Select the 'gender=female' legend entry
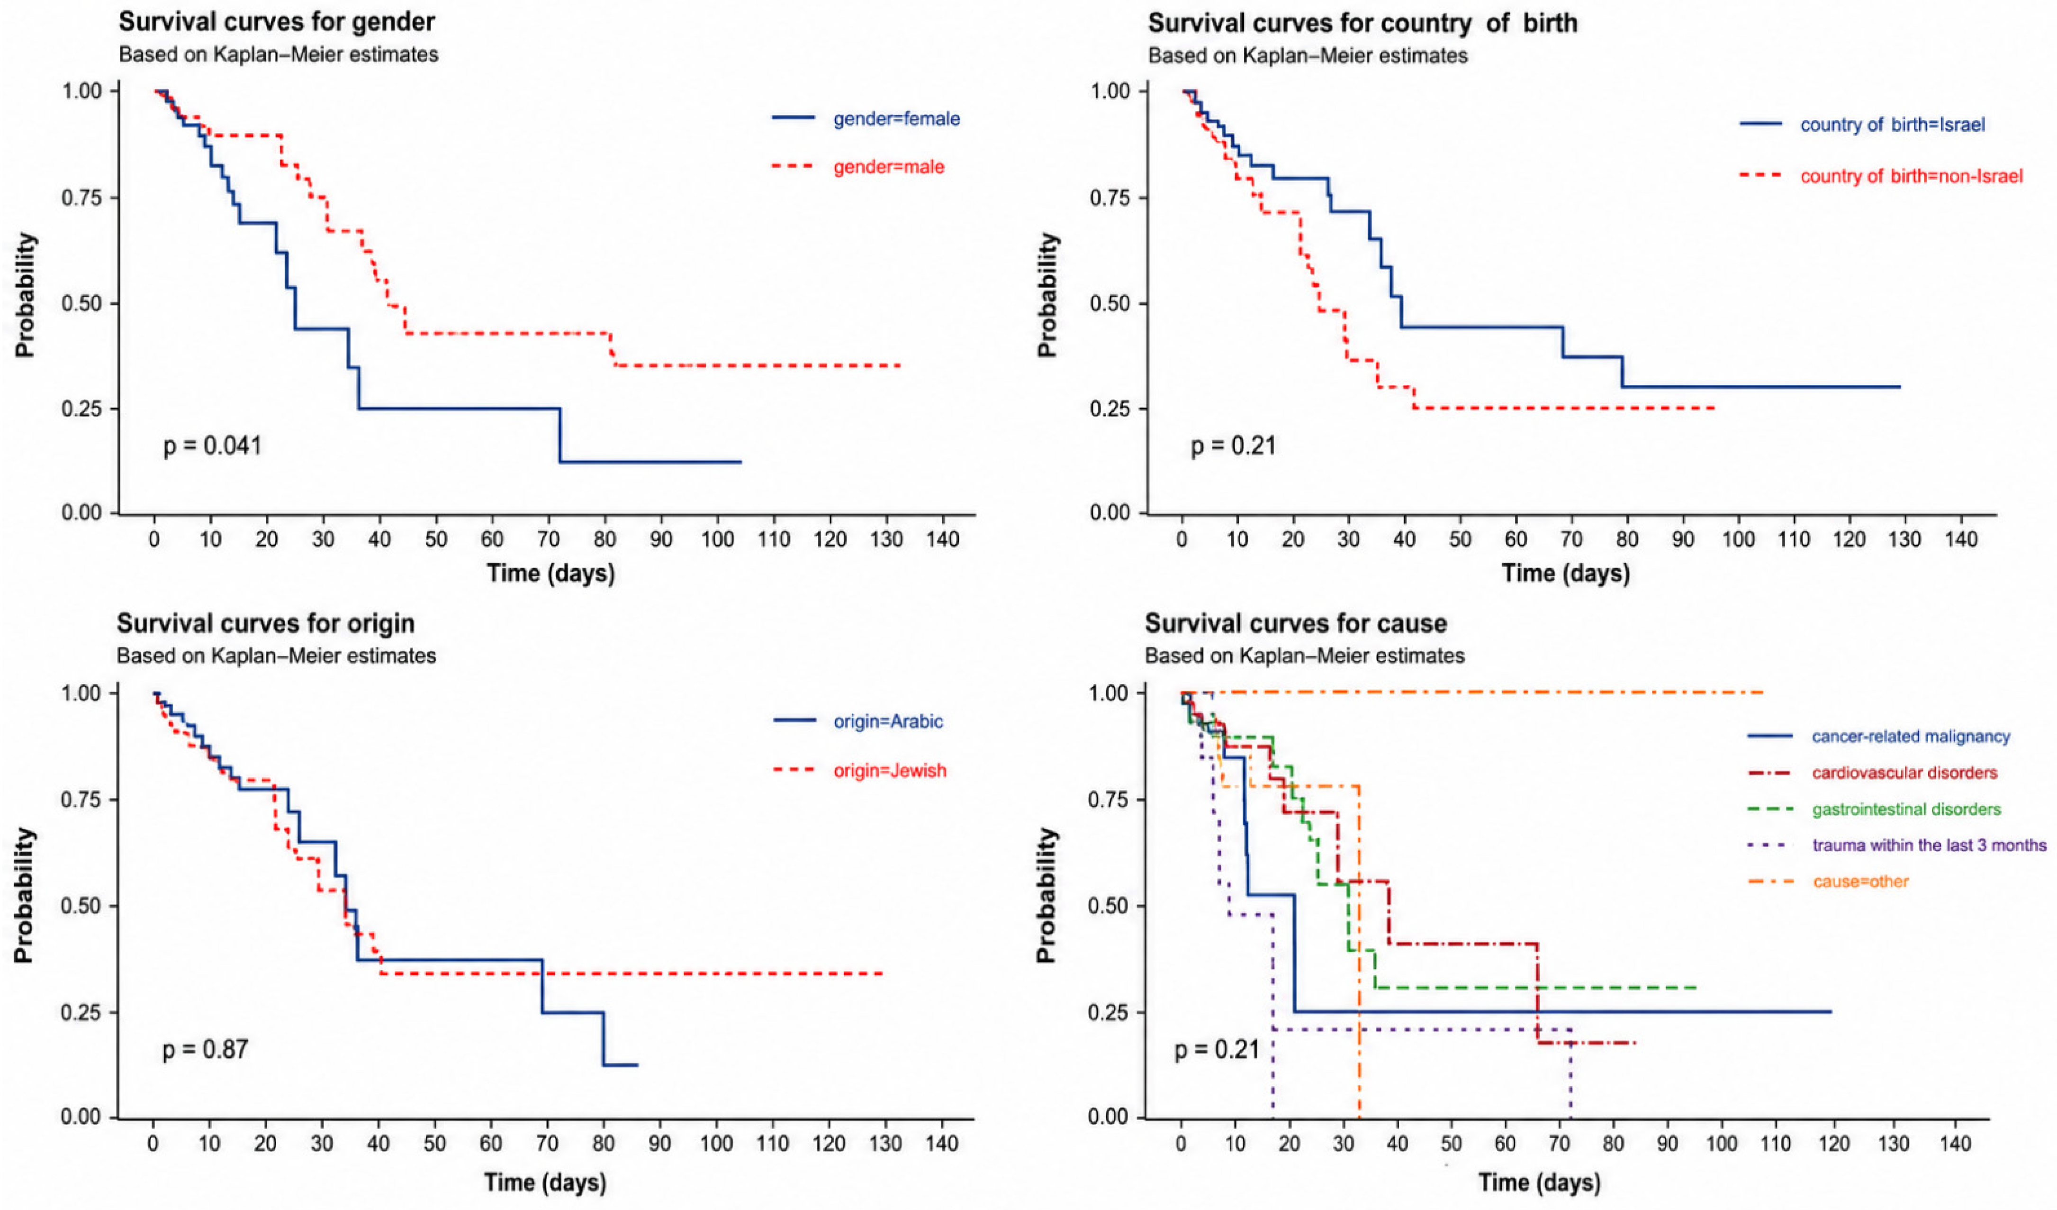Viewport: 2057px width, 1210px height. (896, 119)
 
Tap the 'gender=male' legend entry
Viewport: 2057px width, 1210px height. (888, 167)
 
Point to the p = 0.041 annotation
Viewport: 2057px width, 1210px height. (212, 446)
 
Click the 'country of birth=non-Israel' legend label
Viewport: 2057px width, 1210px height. (1912, 176)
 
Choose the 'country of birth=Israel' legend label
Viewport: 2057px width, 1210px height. (1892, 125)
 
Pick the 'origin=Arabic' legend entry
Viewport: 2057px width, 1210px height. (888, 722)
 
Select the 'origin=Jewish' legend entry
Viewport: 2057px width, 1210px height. (890, 771)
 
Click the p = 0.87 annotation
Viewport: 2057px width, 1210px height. (205, 1049)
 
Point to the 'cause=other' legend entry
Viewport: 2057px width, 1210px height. (1860, 882)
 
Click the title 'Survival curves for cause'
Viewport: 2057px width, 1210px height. (1295, 624)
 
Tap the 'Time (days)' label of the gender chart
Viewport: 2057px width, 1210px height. (551, 573)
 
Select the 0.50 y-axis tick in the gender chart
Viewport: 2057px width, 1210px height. (82, 304)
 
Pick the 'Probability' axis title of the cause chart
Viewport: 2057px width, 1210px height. (1047, 895)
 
